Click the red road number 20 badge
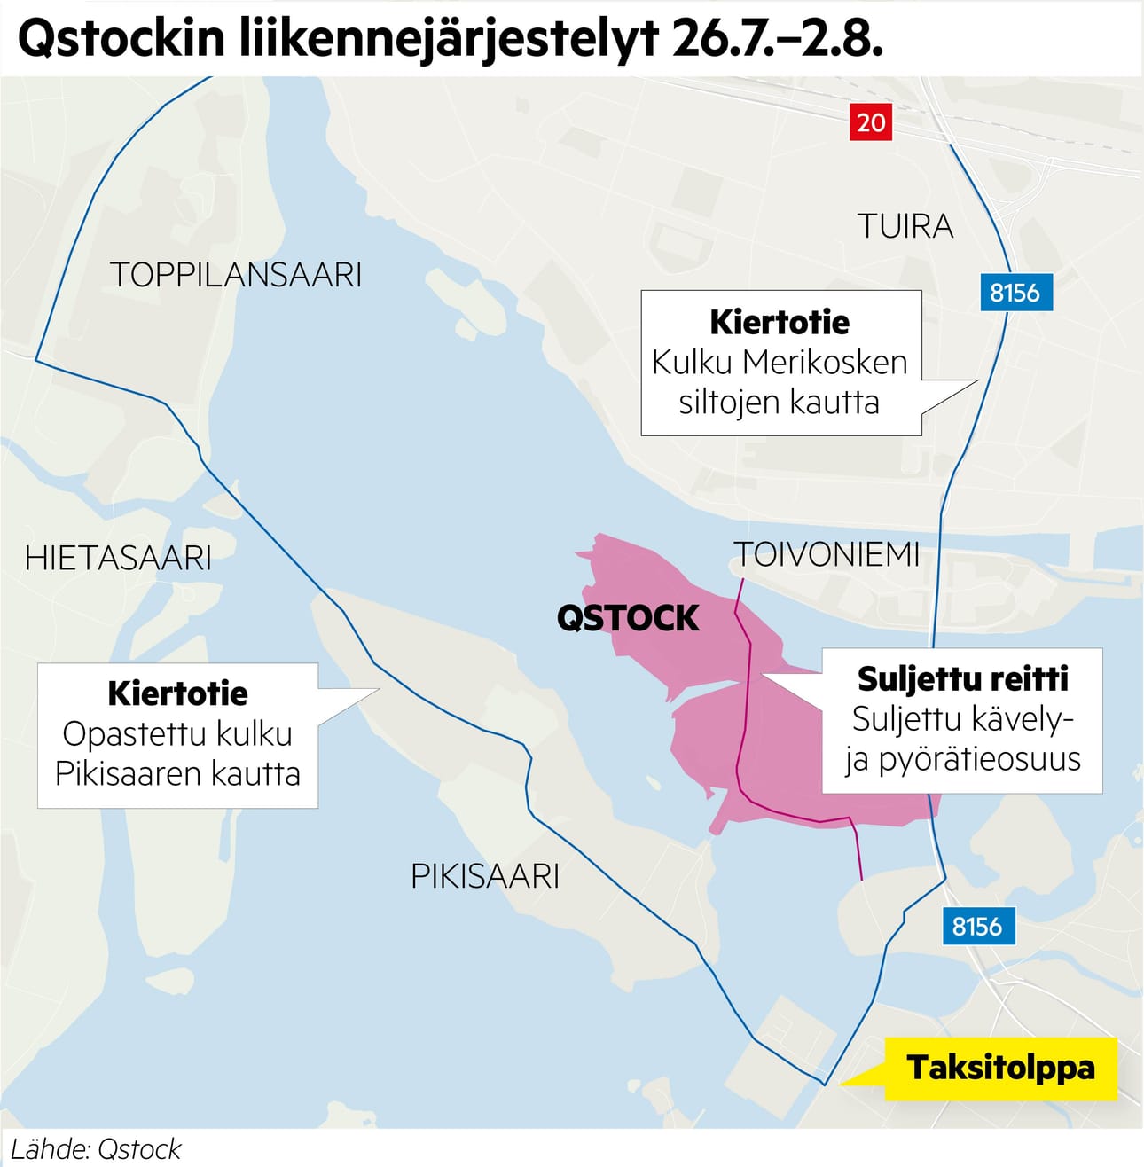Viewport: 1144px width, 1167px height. click(x=870, y=121)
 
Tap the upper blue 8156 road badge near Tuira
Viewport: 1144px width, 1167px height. click(x=1015, y=293)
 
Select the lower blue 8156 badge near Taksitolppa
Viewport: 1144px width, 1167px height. click(x=977, y=927)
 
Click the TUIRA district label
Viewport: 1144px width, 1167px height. click(x=905, y=227)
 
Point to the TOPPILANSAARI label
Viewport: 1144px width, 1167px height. click(x=236, y=275)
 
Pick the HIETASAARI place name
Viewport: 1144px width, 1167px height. click(x=118, y=559)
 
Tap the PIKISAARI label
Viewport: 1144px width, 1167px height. click(x=485, y=877)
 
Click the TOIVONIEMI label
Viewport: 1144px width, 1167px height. click(x=827, y=555)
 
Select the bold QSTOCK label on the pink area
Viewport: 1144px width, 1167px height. click(x=628, y=618)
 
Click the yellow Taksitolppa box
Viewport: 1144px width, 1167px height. click(x=1000, y=1068)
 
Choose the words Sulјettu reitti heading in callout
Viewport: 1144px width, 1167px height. click(x=962, y=679)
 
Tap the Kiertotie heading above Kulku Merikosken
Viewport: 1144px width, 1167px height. click(x=780, y=322)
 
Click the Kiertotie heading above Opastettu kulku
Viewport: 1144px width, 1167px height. click(x=177, y=693)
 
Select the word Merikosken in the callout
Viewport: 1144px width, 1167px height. click(x=825, y=363)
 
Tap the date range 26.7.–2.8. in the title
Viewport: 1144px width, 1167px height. click(x=777, y=39)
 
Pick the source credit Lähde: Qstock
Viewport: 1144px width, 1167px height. click(x=96, y=1149)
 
